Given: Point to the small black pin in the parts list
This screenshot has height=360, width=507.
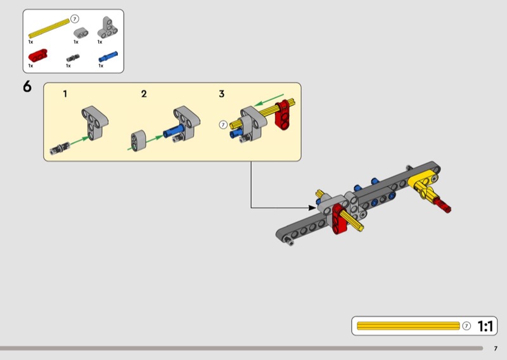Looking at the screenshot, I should pyautogui.click(x=72, y=57).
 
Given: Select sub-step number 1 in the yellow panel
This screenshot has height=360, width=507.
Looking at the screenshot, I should pyautogui.click(x=65, y=94).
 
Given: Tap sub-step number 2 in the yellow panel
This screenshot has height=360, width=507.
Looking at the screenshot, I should pyautogui.click(x=144, y=94).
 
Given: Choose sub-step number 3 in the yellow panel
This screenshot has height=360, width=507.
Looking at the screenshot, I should pyautogui.click(x=221, y=94).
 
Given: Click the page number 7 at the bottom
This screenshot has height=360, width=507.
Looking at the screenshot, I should pyautogui.click(x=496, y=348).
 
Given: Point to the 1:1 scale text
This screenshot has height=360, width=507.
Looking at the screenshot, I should pyautogui.click(x=485, y=326).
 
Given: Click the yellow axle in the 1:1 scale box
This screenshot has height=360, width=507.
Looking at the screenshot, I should pyautogui.click(x=408, y=326).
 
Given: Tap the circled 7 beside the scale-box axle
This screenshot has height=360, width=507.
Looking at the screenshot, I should pyautogui.click(x=466, y=326).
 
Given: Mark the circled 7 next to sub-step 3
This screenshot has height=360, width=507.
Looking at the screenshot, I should pyautogui.click(x=223, y=124).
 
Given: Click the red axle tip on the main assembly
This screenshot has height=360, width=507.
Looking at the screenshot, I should pyautogui.click(x=445, y=206).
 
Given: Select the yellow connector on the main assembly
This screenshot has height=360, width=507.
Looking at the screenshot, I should pyautogui.click(x=421, y=184).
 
